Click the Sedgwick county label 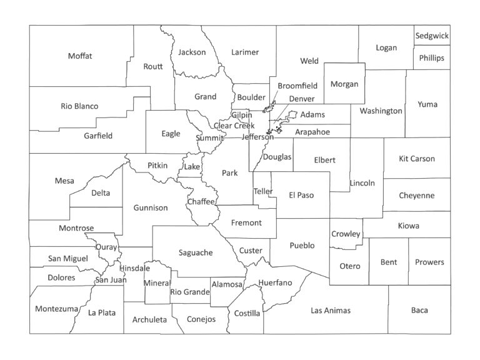pyautogui.click(x=432, y=36)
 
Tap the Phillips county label pyautogui.click(x=432, y=58)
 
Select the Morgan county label pyautogui.click(x=344, y=84)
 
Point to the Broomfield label pyautogui.click(x=297, y=86)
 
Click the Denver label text pyautogui.click(x=302, y=99)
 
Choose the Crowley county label pyautogui.click(x=346, y=234)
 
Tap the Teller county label pyautogui.click(x=263, y=191)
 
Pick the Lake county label pyautogui.click(x=191, y=167)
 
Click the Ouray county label pyautogui.click(x=106, y=247)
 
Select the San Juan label pyautogui.click(x=111, y=280)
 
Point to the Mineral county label pyautogui.click(x=157, y=283)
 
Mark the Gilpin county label pyautogui.click(x=241, y=116)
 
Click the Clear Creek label pyautogui.click(x=235, y=126)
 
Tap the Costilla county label pyautogui.click(x=247, y=313)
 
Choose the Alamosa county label pyautogui.click(x=227, y=284)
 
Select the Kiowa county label pyautogui.click(x=409, y=226)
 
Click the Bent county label pyautogui.click(x=389, y=262)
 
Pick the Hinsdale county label pyautogui.click(x=134, y=268)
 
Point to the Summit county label pyautogui.click(x=208, y=137)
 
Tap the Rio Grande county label pyautogui.click(x=189, y=291)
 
